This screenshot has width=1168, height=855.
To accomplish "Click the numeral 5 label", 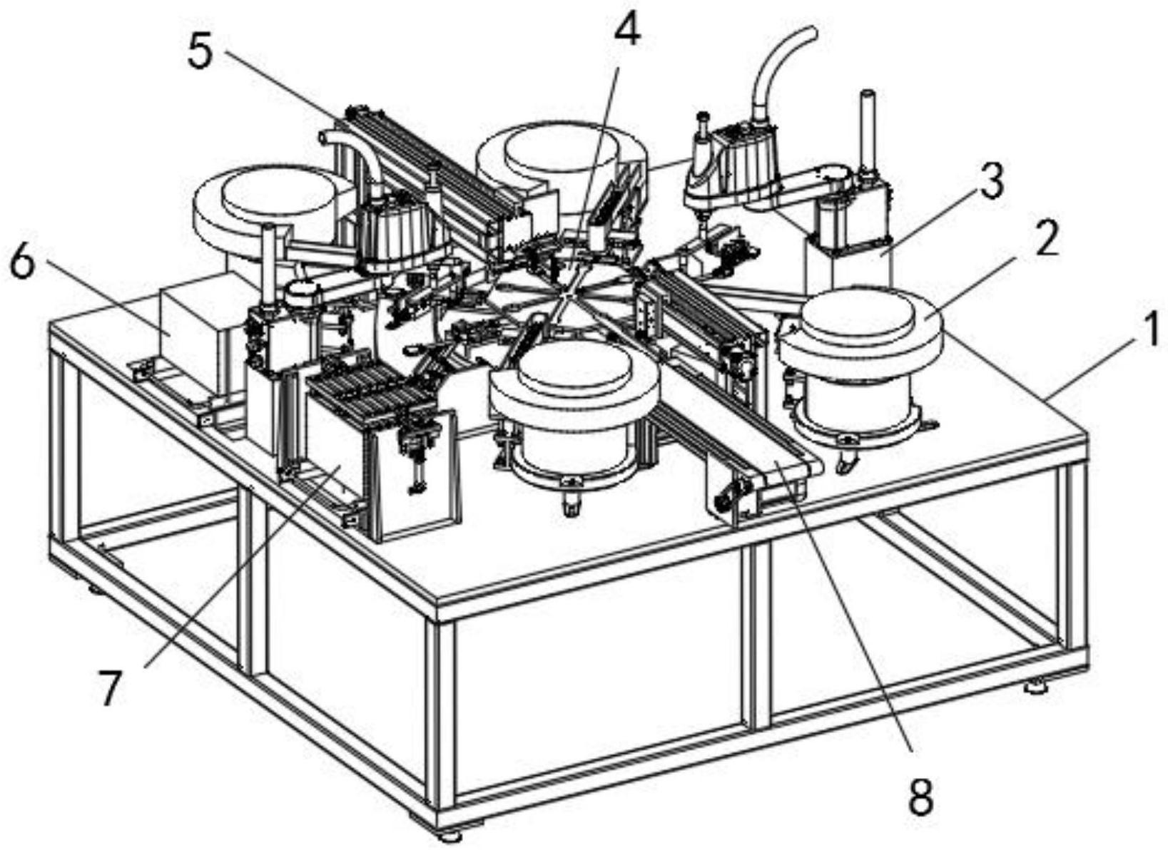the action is [x=201, y=51].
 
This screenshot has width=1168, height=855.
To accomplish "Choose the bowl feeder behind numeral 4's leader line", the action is [x=561, y=172].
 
